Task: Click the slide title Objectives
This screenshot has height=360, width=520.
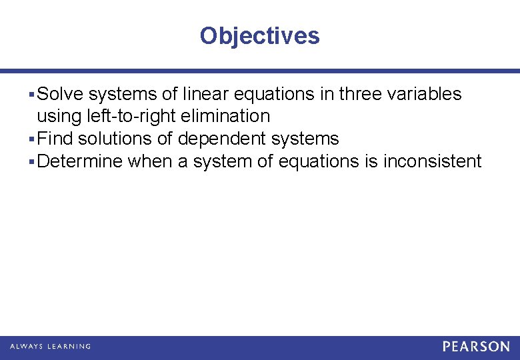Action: pos(259,35)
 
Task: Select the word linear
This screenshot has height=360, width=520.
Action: pos(204,94)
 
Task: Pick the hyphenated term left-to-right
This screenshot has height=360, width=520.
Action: pos(129,116)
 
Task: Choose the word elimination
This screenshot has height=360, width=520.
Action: pos(225,116)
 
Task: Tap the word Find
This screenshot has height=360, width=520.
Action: pos(55,139)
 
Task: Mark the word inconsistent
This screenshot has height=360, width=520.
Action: pos(432,161)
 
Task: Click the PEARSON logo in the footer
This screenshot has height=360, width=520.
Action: pos(476,347)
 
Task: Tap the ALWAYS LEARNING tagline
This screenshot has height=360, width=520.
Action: pos(50,347)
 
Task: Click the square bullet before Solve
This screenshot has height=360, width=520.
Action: pos(33,95)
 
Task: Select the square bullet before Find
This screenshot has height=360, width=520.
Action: pos(33,139)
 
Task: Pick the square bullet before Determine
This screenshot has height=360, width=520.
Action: pos(33,162)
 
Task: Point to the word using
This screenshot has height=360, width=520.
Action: pos(59,117)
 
